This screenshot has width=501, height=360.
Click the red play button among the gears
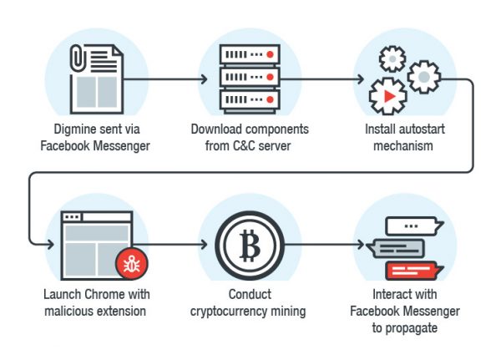[389, 96]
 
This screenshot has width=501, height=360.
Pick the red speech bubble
[412, 269]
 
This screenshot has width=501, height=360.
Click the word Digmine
[67, 130]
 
